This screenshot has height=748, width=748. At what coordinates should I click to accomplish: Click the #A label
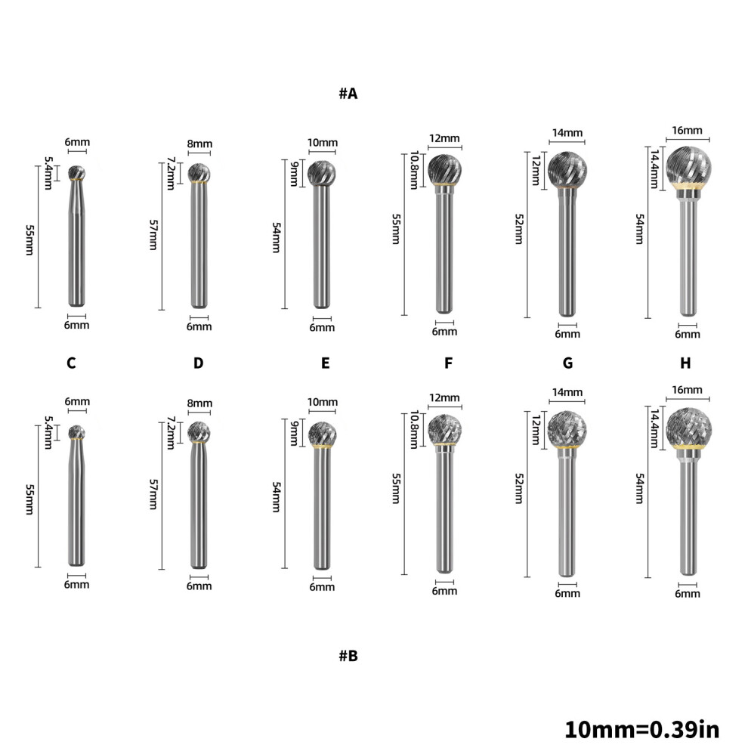tap(348, 94)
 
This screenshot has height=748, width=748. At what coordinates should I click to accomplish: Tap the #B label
tap(348, 656)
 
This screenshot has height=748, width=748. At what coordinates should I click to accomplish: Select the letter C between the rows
tap(71, 363)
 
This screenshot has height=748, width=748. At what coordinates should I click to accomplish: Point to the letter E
tap(326, 363)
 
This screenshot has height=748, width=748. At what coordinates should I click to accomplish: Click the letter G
tap(567, 363)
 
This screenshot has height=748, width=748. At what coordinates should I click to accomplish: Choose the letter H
tap(685, 363)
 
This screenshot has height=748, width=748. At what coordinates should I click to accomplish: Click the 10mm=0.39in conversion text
tap(641, 729)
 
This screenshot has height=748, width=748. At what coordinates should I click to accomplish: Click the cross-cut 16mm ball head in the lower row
tap(688, 426)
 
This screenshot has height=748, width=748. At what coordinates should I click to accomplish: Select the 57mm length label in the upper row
tap(153, 235)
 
